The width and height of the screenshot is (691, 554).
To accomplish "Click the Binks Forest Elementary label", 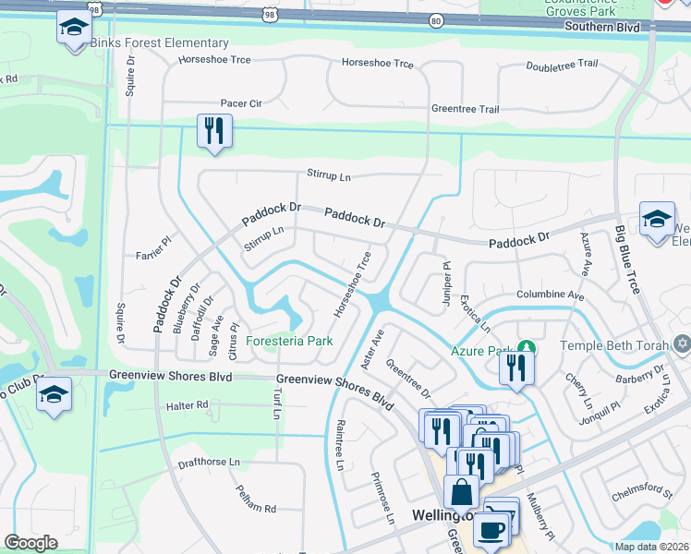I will pos(159,43).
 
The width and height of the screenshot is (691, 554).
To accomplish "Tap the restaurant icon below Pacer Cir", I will pos(213,131).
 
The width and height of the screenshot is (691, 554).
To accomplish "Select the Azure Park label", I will pos(480,351).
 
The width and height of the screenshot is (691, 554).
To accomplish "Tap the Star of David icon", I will pos(683,344).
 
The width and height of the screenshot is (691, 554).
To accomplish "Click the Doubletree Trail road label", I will pos(562,66).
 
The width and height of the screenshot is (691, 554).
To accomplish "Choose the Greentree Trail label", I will pos(466,109).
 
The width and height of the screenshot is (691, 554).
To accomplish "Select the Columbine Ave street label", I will pos(551,295).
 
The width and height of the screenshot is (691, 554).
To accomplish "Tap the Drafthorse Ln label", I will pos(209,462).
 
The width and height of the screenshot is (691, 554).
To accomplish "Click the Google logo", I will pos(30,543).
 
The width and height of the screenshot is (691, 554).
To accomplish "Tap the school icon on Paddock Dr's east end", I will pos(657,220).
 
